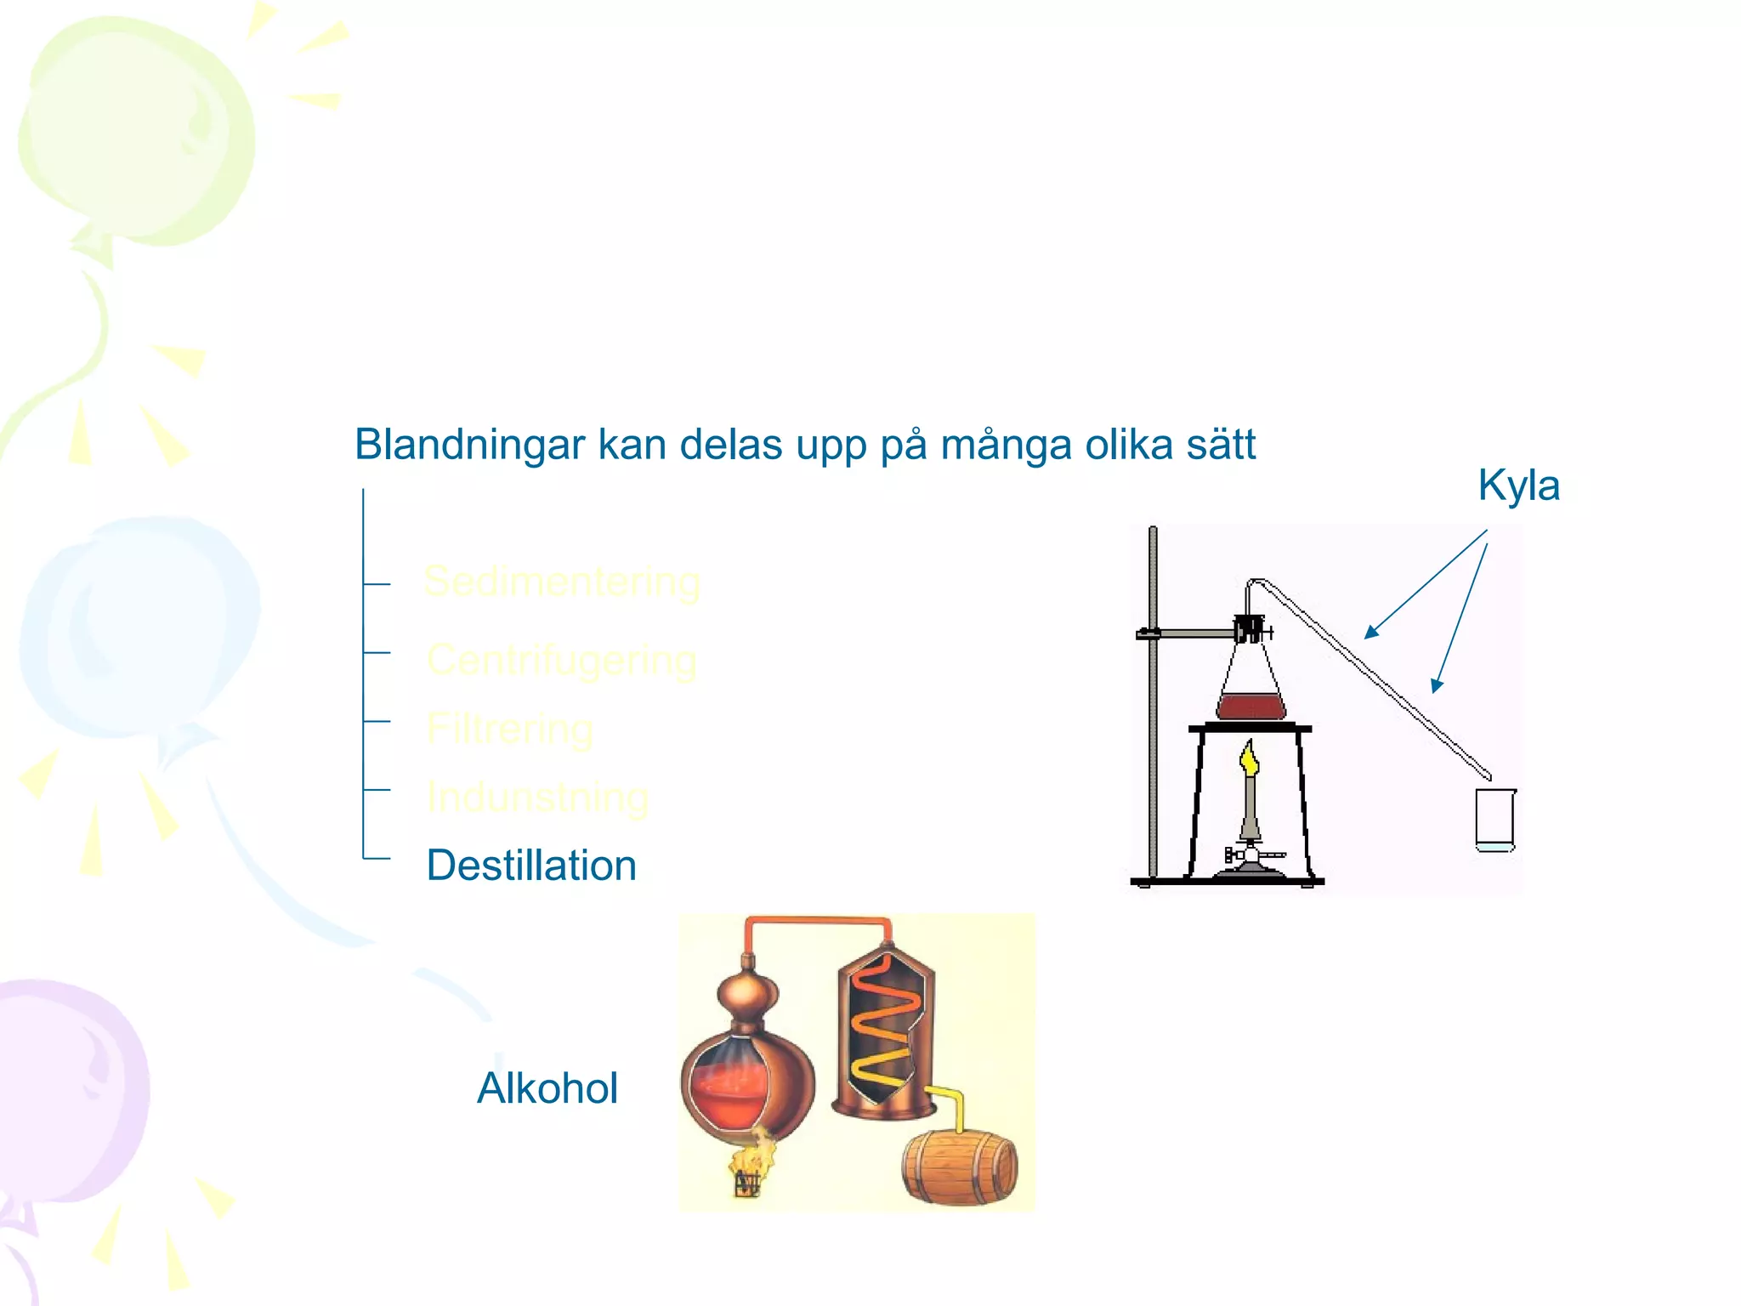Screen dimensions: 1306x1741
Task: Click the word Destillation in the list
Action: pos(531,866)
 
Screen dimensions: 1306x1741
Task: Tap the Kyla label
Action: pos(1518,485)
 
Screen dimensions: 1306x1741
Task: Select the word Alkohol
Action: pos(547,1088)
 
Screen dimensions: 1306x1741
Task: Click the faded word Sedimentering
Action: pos(562,582)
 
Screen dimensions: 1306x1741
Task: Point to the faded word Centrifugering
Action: pos(562,661)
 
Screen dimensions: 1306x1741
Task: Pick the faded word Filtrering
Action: pos(510,730)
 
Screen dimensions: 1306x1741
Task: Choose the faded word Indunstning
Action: pos(537,798)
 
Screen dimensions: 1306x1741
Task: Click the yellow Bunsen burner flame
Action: pos(1249,758)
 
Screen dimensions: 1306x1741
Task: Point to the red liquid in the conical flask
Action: pos(1250,707)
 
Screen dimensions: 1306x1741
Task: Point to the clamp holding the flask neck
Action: pos(1250,630)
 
